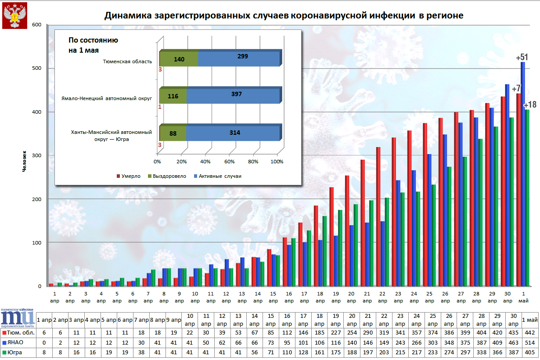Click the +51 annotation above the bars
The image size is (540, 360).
[x=522, y=58]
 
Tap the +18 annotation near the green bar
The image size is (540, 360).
[x=530, y=105]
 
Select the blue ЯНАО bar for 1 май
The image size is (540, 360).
[x=522, y=176]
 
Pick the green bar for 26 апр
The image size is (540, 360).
[x=449, y=227]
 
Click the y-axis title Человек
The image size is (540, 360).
[x=25, y=161]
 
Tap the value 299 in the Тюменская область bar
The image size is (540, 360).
[x=243, y=56]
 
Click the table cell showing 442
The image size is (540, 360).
[x=531, y=331]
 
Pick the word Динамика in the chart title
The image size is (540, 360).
[x=127, y=16]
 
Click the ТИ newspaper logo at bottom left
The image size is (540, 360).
[x=18, y=319]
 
